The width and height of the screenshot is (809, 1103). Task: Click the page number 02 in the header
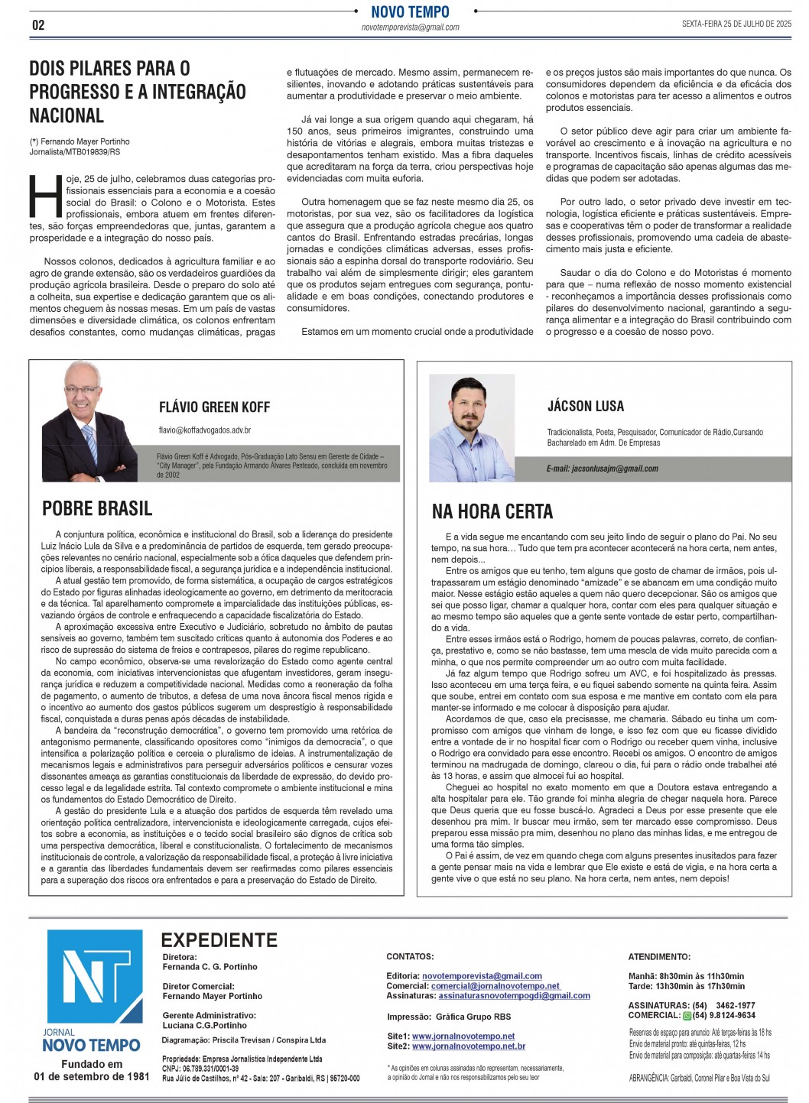coord(38,25)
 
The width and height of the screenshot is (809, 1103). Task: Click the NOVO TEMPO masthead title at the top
coord(410,12)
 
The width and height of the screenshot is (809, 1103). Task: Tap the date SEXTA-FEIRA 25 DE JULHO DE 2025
coord(736,24)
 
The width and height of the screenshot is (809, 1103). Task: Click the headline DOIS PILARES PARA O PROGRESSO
coord(138,92)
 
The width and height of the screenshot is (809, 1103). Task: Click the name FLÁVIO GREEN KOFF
coord(214,407)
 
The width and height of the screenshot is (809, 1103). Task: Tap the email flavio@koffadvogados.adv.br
coord(205,430)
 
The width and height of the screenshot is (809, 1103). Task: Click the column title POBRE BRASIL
coord(97,509)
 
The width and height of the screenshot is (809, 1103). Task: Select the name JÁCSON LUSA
coord(586,406)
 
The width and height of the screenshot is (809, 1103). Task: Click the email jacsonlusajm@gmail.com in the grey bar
coord(602,469)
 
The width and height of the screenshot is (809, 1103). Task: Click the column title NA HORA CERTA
coord(492,511)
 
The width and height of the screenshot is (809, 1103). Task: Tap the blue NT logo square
coord(95,976)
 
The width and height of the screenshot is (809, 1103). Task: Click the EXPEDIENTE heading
coord(219,940)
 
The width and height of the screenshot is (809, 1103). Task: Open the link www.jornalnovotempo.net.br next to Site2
coord(469,1046)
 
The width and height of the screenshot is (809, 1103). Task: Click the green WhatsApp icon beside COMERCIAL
coord(687,1016)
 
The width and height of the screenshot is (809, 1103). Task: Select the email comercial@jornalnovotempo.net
coord(495,986)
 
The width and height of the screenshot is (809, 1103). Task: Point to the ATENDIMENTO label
coord(659,956)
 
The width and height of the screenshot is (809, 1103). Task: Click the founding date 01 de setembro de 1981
coord(92,1076)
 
